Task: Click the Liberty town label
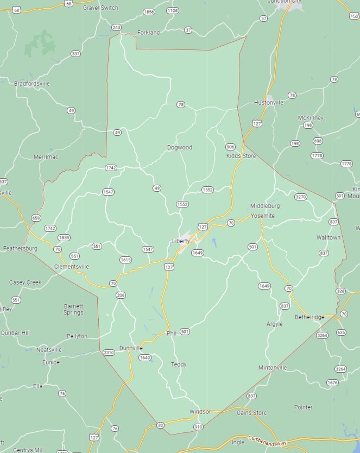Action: pyautogui.click(x=180, y=241)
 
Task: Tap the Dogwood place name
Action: pyautogui.click(x=179, y=147)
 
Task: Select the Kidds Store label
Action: pyautogui.click(x=241, y=156)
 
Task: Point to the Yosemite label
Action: pyautogui.click(x=262, y=216)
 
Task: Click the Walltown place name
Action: pyautogui.click(x=329, y=237)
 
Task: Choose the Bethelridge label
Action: pyautogui.click(x=310, y=317)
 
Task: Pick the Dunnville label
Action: pyautogui.click(x=131, y=348)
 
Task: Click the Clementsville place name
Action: pyautogui.click(x=72, y=267)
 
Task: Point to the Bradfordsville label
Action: pyautogui.click(x=32, y=84)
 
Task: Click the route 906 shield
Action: pyautogui.click(x=230, y=147)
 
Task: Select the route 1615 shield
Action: pyautogui.click(x=125, y=260)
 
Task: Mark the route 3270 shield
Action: pyautogui.click(x=300, y=197)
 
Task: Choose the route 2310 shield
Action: pyautogui.click(x=109, y=353)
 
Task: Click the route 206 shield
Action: pyautogui.click(x=120, y=295)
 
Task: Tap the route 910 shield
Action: pyautogui.click(x=198, y=427)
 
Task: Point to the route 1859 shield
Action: pyautogui.click(x=64, y=237)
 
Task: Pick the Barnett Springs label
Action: pyautogui.click(x=73, y=309)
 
